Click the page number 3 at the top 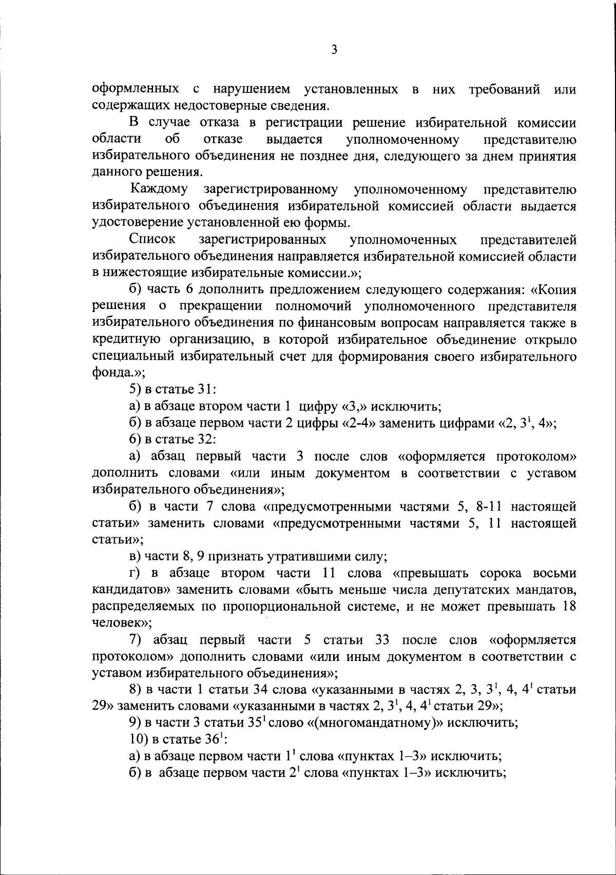[334, 49]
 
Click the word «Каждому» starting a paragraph [159, 189]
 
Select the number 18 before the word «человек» [569, 606]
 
